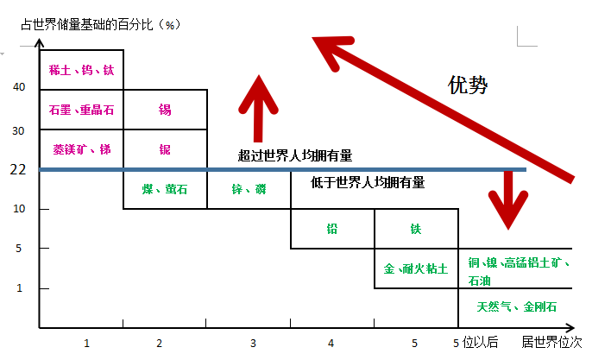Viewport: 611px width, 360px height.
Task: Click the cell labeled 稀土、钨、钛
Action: [81, 70]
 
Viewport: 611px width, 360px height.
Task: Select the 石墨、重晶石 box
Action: [81, 110]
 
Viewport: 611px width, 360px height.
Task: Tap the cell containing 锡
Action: [165, 110]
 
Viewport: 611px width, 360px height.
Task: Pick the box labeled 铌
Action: [165, 149]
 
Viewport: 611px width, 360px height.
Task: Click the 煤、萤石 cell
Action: [165, 189]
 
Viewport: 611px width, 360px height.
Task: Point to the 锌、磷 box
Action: [249, 189]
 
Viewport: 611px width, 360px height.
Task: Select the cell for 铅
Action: [332, 229]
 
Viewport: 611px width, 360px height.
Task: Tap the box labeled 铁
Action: [416, 229]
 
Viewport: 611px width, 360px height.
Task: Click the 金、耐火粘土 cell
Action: [416, 268]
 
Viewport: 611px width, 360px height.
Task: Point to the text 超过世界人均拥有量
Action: [295, 156]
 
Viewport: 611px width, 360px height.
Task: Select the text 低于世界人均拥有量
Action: [368, 183]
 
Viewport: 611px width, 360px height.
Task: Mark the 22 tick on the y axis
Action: [18, 170]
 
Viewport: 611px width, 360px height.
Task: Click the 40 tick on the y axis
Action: [20, 87]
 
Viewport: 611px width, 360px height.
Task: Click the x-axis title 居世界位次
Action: [551, 343]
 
